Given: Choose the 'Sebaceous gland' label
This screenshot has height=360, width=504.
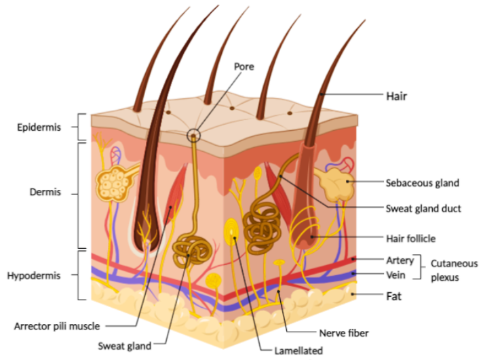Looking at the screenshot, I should click(x=422, y=182).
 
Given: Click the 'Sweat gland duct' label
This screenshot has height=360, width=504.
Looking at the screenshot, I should click(x=423, y=208).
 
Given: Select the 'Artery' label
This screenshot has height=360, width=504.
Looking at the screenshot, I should click(x=400, y=260).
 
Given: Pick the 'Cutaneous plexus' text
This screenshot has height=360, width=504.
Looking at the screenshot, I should click(x=454, y=270).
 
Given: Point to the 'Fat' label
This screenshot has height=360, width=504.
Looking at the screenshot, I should click(x=393, y=296).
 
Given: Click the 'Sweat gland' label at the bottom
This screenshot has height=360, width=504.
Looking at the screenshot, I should click(x=125, y=345).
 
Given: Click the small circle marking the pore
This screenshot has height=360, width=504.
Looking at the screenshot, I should click(x=195, y=136).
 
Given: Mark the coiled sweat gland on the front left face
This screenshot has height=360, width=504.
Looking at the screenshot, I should click(x=193, y=252).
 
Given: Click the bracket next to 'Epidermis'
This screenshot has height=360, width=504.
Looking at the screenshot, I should click(x=81, y=127).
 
